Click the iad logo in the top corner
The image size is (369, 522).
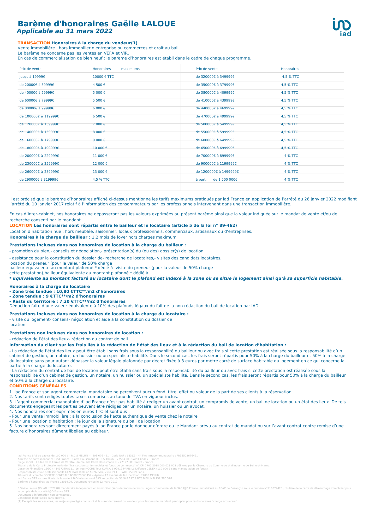coord(342,27)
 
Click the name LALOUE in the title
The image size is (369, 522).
coord(158,24)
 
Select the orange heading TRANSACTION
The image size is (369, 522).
coord(34,43)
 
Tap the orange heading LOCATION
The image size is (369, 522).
coord(21,225)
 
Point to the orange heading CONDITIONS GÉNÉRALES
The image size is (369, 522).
coord(38,386)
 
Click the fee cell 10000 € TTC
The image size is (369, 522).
coord(103,77)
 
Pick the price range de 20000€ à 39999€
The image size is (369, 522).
coord(37,85)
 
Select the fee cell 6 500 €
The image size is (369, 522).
coord(99,116)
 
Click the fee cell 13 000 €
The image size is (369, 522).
coord(100,172)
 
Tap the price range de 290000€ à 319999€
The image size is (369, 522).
coord(39,180)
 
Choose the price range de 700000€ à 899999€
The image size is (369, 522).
coord(215,156)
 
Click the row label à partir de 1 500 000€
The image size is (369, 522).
coord(216,180)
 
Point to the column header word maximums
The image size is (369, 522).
coord(130,69)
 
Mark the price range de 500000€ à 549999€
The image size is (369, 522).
coord(215,124)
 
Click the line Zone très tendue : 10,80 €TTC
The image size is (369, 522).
coord(67,291)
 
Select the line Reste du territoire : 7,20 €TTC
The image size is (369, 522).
coord(67,301)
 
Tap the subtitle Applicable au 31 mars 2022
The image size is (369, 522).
coord(64,31)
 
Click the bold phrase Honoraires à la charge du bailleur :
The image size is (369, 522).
coord(50,237)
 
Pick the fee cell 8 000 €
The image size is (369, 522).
coord(99,132)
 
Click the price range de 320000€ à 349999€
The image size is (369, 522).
coord(215,77)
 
